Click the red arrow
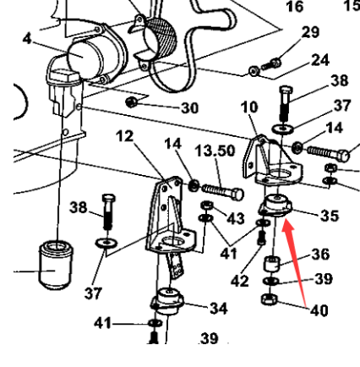pos(303,255)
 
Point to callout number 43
pos(236,219)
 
